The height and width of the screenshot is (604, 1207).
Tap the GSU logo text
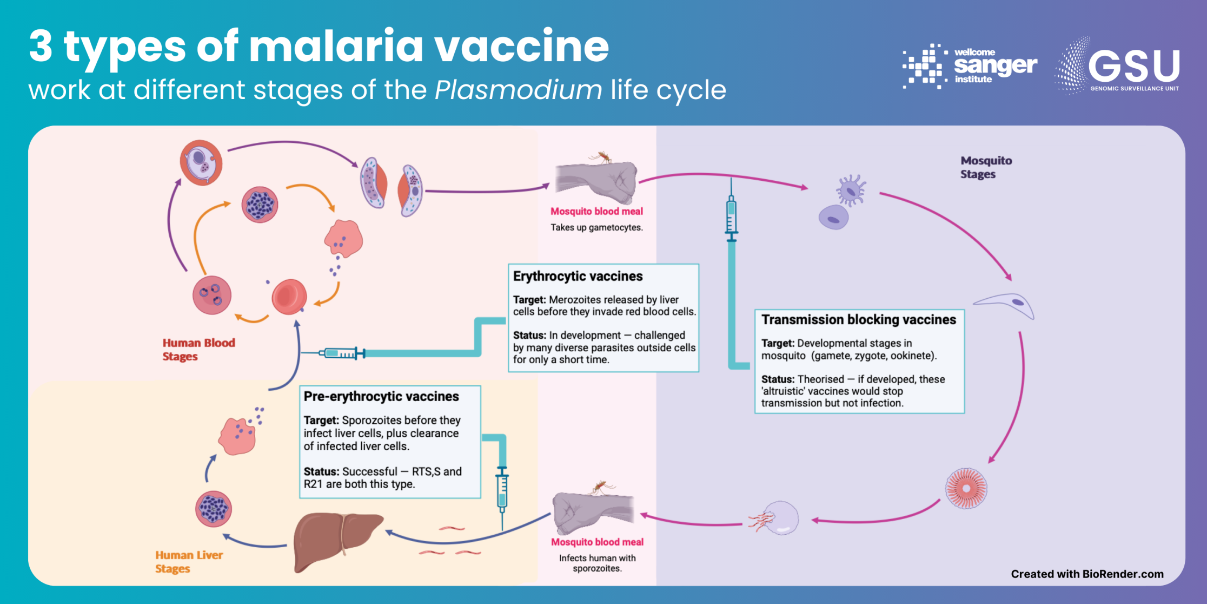tap(1133, 67)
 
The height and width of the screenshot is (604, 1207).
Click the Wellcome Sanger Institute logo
tap(970, 66)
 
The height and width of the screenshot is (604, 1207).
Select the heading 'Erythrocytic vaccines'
tap(578, 277)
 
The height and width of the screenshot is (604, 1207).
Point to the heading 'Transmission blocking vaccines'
tap(858, 320)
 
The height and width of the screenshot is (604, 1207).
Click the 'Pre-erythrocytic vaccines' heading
tap(381, 397)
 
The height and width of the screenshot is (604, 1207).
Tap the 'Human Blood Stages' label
tap(198, 350)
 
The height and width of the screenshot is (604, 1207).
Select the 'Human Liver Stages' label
tap(188, 561)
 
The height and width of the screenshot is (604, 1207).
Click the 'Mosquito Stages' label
tap(985, 167)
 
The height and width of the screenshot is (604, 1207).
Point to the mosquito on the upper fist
tap(602, 157)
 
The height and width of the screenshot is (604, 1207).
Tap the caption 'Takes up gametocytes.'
tap(596, 228)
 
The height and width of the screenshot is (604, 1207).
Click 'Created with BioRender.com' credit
tap(1087, 574)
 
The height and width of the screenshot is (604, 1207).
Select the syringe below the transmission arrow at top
tap(731, 216)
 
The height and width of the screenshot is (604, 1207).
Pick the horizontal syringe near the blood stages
tap(342, 353)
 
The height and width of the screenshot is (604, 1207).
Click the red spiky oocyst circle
tap(966, 488)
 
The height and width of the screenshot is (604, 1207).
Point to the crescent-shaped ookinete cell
tap(1006, 304)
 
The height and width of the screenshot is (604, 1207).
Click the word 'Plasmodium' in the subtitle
tap(518, 90)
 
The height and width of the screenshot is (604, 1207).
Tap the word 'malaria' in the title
tap(335, 47)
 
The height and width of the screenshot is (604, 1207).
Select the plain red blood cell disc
tap(289, 297)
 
